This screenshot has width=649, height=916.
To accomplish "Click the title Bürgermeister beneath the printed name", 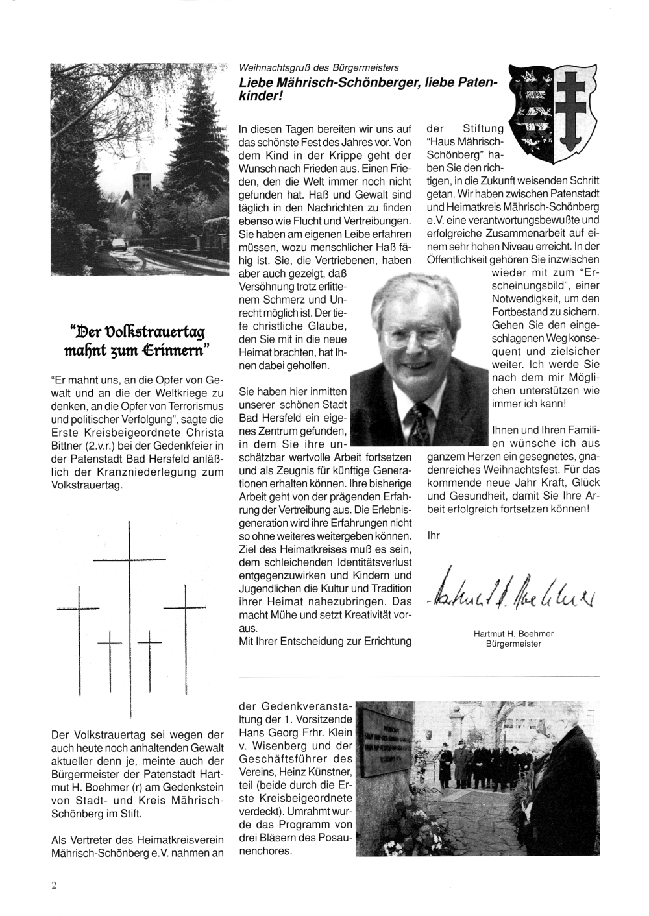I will (x=518, y=644).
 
